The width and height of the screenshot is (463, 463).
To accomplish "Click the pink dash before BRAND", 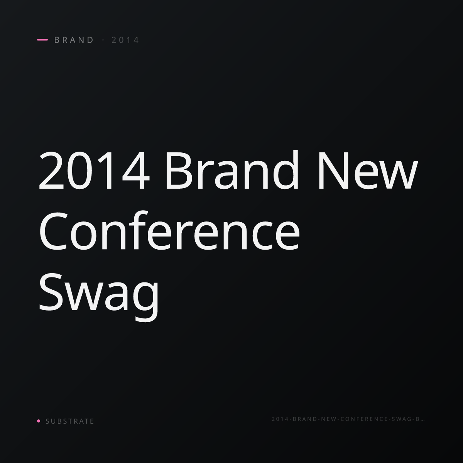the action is tap(42, 40).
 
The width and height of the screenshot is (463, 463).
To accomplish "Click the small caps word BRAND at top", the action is tap(74, 40).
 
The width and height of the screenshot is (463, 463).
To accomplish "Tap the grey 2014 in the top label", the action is tap(125, 40).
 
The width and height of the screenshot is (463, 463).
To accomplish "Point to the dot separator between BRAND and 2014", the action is tap(103, 40).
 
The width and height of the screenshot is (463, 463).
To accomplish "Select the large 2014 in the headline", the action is tap(94, 171).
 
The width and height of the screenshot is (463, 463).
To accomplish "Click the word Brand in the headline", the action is tap(232, 169).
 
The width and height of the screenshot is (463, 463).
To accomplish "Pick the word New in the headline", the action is tap(368, 171).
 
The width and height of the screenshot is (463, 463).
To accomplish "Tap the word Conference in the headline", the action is tap(169, 230).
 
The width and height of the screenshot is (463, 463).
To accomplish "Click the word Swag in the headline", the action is tap(99, 297).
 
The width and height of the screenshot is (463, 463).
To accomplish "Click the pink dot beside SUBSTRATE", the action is tap(39, 421).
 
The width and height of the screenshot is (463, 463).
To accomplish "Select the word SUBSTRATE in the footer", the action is tap(70, 421).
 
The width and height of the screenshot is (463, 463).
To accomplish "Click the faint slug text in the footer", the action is tap(348, 419).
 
